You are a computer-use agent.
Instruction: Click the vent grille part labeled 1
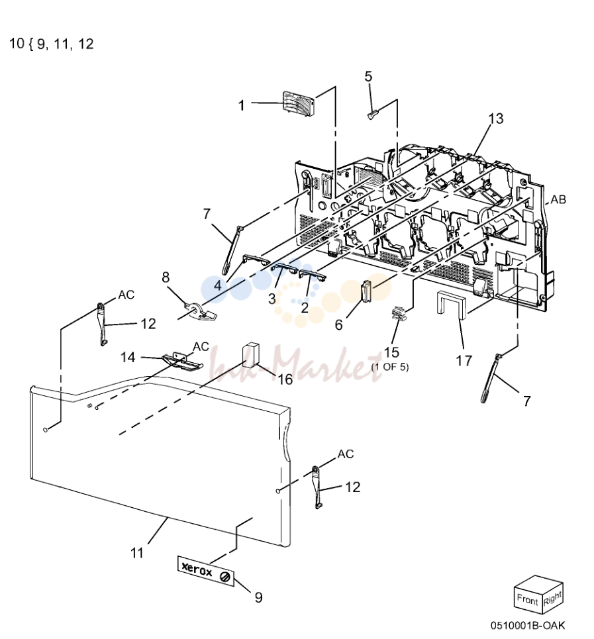pos(299,102)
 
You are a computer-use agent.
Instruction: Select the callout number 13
pos(496,119)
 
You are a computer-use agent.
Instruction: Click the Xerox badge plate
pos(206,571)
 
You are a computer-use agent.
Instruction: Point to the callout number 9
pos(258,597)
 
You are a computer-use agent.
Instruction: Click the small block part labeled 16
pos(251,354)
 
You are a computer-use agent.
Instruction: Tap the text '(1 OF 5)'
pos(389,367)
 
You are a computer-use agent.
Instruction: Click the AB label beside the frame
pos(558,199)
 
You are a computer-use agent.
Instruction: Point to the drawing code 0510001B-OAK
pos(528,625)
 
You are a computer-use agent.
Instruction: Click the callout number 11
pos(137,553)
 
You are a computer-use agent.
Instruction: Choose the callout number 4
pos(219,285)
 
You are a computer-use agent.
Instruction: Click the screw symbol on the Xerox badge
pos(224,577)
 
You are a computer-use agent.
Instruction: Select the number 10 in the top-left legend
pos(17,43)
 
